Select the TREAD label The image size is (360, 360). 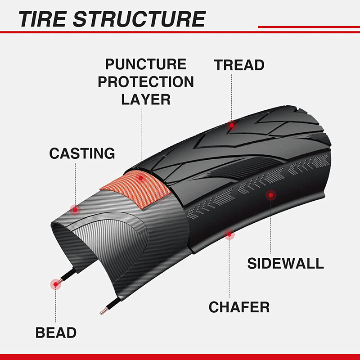pyautogui.click(x=239, y=65)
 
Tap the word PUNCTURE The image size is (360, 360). pyautogui.click(x=146, y=64)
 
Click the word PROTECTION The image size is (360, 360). pyautogui.click(x=146, y=82)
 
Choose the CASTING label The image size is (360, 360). pyautogui.click(x=82, y=153)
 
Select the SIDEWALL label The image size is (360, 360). pyautogui.click(x=285, y=263)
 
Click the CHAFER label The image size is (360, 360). pyautogui.click(x=239, y=307)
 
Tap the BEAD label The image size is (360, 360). pyautogui.click(x=56, y=333)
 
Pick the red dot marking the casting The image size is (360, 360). pyautogui.click(x=75, y=209)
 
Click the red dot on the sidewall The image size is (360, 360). pyautogui.click(x=270, y=195)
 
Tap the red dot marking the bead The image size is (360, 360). pyautogui.click(x=56, y=283)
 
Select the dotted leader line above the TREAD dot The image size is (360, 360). pyautogui.click(x=232, y=97)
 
